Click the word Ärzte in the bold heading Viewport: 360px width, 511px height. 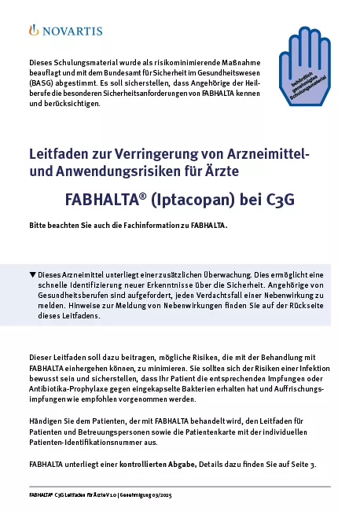coord(222,170)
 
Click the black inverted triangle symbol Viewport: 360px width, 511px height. coord(32,274)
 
